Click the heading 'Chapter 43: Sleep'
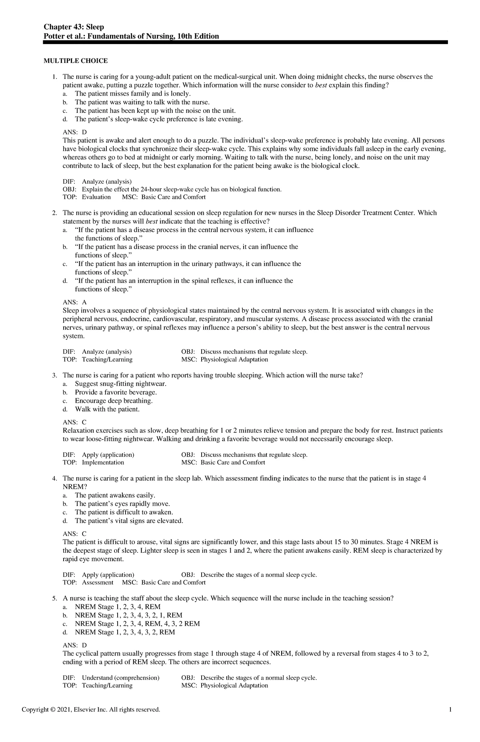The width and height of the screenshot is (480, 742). pyautogui.click(x=74, y=27)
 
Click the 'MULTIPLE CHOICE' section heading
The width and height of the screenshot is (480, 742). pyautogui.click(x=76, y=61)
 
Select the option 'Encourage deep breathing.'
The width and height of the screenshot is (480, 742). pyautogui.click(x=114, y=401)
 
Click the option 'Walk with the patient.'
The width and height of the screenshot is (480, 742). pyautogui.click(x=107, y=409)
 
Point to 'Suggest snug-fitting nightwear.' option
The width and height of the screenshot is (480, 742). pyautogui.click(x=120, y=384)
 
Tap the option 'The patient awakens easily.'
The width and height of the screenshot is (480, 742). pyautogui.click(x=115, y=495)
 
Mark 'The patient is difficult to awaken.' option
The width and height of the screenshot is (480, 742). pyautogui.click(x=124, y=512)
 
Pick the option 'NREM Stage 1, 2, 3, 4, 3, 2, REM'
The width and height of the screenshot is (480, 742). pyautogui.click(x=125, y=632)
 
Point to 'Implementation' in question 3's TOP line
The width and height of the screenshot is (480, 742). pyautogui.click(x=103, y=462)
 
